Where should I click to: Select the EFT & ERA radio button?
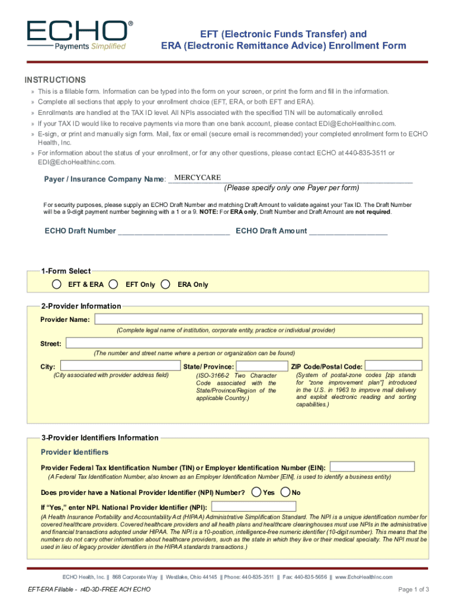56,284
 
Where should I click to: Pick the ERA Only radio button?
166,284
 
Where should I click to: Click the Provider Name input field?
257,320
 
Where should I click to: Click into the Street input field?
243,343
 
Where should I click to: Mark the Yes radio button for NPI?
256,492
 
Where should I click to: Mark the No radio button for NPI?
285,492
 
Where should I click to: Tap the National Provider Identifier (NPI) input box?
253,507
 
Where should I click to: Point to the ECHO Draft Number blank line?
174,231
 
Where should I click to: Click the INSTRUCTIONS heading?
55,80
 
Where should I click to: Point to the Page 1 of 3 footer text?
413,589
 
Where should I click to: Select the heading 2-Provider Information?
81,306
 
